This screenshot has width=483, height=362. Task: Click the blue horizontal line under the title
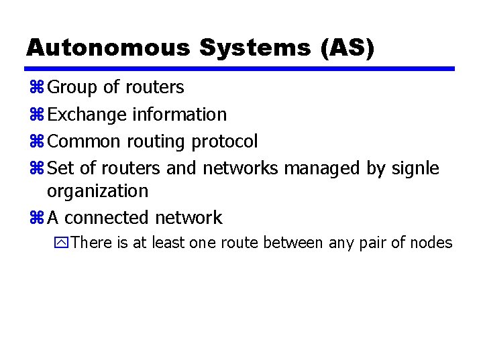pyautogui.click(x=240, y=68)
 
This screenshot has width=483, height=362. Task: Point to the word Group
pyautogui.click(x=73, y=87)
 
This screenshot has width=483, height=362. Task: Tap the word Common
pyautogui.click(x=84, y=141)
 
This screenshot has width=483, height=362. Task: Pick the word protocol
pyautogui.click(x=224, y=141)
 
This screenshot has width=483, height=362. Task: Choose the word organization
pyautogui.click(x=97, y=191)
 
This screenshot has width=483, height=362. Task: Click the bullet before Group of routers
pyautogui.click(x=37, y=88)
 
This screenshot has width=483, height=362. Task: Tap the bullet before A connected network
pyautogui.click(x=37, y=218)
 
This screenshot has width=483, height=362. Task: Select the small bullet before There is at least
pyautogui.click(x=63, y=243)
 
